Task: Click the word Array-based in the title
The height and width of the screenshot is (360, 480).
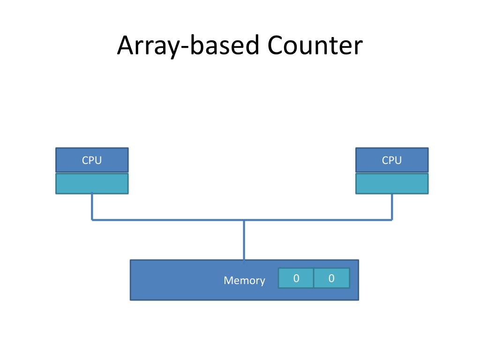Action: [x=188, y=45]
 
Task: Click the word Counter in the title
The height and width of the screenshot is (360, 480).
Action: [x=315, y=45]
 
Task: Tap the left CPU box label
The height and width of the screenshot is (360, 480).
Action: [x=92, y=160]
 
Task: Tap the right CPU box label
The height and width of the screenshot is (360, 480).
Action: [x=392, y=160]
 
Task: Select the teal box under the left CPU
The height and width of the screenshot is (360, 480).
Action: [x=92, y=184]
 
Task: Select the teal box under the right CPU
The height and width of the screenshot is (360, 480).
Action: [x=392, y=184]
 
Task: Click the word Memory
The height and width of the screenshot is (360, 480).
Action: [x=244, y=281]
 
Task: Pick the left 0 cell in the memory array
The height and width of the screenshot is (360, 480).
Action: [x=296, y=278]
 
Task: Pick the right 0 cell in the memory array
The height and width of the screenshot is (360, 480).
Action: [x=331, y=278]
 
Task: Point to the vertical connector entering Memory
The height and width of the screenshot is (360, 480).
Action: [x=244, y=240]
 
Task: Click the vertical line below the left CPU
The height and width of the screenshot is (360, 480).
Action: [x=92, y=207]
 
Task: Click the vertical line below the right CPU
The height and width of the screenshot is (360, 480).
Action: [x=392, y=207]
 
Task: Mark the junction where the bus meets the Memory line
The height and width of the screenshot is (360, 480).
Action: [x=244, y=220]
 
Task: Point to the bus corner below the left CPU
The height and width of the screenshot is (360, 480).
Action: [x=92, y=220]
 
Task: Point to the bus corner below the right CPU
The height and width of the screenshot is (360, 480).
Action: [x=392, y=220]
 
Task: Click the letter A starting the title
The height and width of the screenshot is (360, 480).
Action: [x=126, y=45]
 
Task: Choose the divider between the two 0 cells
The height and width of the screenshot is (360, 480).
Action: [x=314, y=278]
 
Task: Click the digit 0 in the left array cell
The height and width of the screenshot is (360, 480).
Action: [x=296, y=278]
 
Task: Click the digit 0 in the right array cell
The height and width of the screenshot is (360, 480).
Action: [x=331, y=278]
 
